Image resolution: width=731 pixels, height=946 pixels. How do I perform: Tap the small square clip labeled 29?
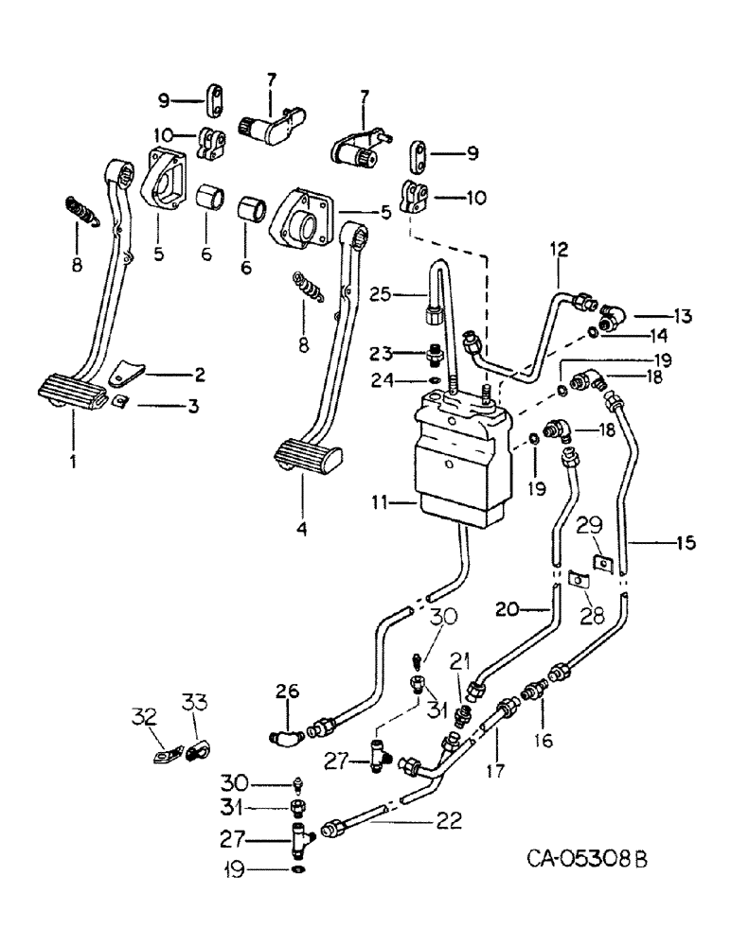(x=601, y=564)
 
